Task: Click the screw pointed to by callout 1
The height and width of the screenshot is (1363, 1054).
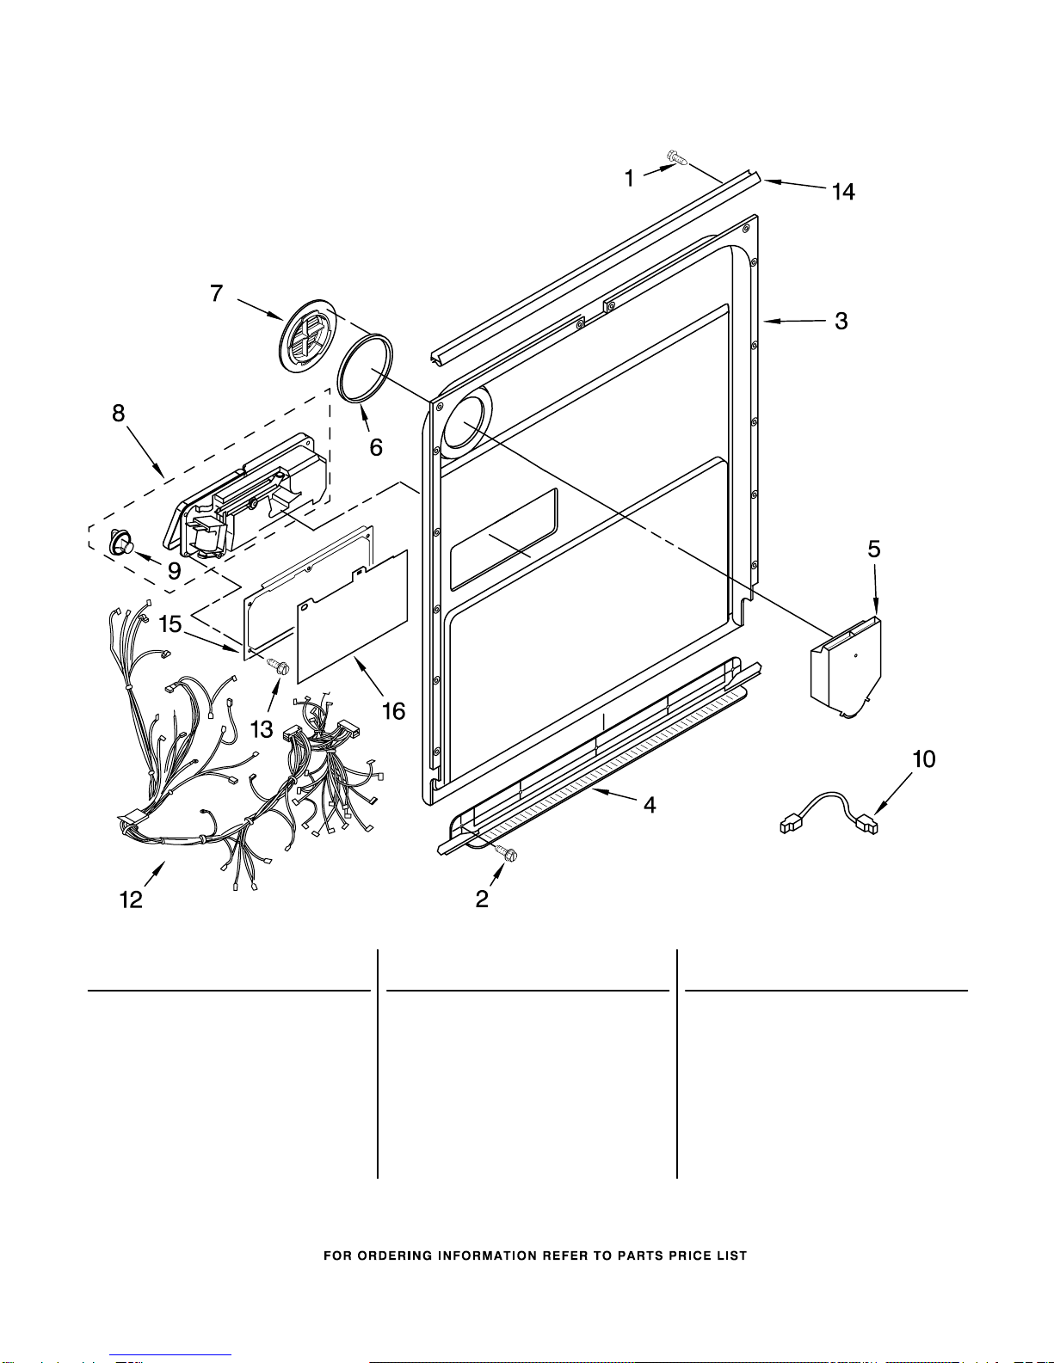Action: pos(677,157)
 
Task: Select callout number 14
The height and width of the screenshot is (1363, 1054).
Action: pos(843,191)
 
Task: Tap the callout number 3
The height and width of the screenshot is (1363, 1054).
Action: pos(841,321)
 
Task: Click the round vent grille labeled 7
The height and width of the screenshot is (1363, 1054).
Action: pos(306,335)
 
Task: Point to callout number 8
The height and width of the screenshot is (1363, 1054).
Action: pos(119,414)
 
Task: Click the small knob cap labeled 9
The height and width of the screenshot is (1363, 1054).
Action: pos(120,542)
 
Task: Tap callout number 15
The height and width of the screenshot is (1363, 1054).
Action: pos(170,624)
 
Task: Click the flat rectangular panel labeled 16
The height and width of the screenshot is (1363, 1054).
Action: pos(353,616)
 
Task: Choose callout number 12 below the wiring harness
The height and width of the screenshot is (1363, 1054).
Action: pos(131,900)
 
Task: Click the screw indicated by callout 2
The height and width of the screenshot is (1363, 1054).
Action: pos(506,852)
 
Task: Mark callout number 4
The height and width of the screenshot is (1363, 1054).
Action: pos(650,806)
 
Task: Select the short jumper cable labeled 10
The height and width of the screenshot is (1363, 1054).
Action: pos(829,814)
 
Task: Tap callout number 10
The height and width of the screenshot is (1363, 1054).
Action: pos(923,759)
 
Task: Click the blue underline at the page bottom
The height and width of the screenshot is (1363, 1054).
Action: pos(170,1355)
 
